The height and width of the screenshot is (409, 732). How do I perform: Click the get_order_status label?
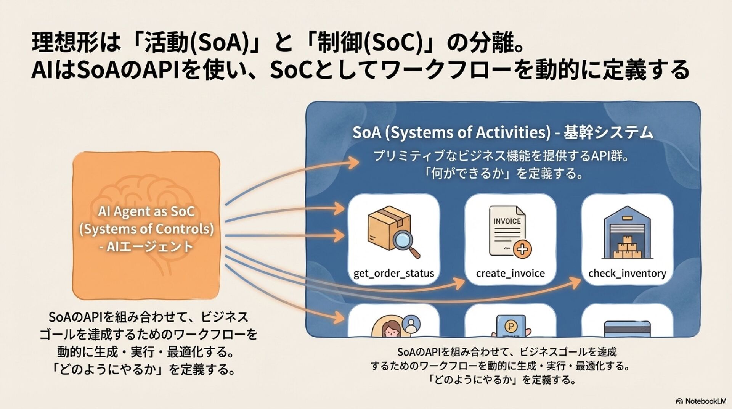click(393, 273)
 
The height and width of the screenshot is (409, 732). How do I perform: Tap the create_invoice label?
click(510, 273)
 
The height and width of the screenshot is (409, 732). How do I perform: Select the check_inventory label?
click(627, 273)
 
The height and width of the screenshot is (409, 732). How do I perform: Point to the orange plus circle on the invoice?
click(522, 250)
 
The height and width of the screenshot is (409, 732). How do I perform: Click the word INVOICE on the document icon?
click(507, 221)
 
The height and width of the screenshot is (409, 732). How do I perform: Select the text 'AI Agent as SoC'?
click(146, 211)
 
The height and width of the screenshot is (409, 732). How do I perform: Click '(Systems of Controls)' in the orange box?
click(146, 229)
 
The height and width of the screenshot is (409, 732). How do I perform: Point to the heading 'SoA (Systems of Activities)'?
click(451, 132)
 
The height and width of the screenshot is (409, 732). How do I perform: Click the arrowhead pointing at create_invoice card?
click(460, 283)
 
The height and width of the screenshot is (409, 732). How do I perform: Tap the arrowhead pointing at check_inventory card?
click(576, 283)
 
